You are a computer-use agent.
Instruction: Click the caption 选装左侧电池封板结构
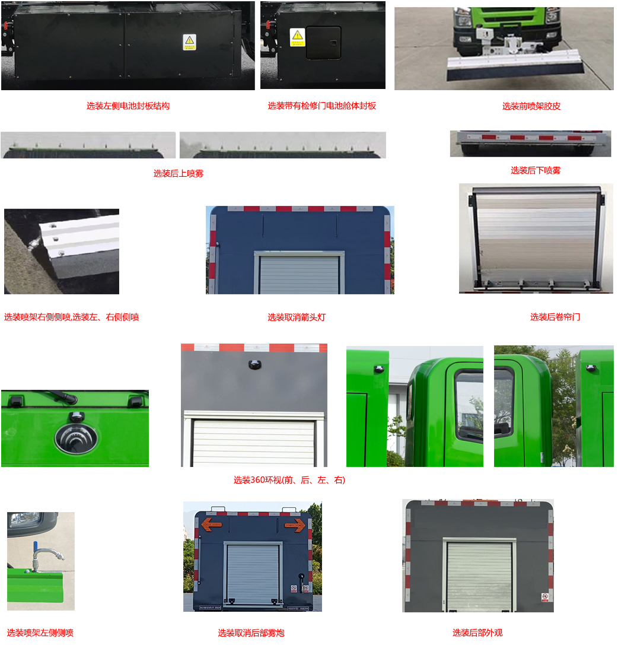(128, 106)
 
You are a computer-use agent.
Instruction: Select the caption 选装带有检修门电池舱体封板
(322, 106)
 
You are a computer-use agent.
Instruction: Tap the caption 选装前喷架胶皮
(531, 107)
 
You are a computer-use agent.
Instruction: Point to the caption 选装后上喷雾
(179, 174)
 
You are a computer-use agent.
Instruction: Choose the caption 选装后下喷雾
(536, 170)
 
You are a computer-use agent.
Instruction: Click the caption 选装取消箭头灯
(297, 317)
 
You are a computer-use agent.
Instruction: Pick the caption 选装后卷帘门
(555, 317)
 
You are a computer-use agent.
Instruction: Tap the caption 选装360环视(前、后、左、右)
(289, 480)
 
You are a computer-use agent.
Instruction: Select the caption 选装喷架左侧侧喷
(40, 633)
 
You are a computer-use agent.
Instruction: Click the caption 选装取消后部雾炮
(251, 633)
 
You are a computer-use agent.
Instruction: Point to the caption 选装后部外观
(477, 633)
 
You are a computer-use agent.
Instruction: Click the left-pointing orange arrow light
(212, 525)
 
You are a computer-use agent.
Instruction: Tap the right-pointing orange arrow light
(295, 525)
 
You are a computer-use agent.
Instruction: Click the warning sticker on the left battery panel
(190, 42)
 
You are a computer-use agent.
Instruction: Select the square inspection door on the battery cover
(324, 43)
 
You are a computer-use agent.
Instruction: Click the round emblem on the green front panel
(76, 439)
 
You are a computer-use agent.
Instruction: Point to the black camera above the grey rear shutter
(255, 364)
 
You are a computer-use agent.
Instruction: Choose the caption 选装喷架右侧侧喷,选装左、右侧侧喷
(72, 317)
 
